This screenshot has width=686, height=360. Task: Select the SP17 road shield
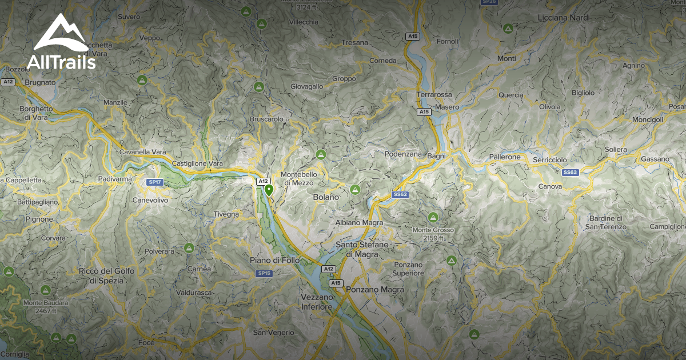point(154,182)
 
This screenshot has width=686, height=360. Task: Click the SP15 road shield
point(264,274)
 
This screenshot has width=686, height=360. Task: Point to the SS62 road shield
point(400,195)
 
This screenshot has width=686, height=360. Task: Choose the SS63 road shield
point(571,172)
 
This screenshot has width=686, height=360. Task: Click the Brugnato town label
point(39,82)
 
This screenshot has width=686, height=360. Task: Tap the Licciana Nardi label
point(564,18)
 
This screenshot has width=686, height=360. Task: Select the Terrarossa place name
point(434,94)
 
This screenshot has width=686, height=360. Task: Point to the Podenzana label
point(403,154)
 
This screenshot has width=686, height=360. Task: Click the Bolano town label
point(326,197)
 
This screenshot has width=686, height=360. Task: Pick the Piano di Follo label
point(272,261)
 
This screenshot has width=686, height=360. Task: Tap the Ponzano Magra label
point(375,290)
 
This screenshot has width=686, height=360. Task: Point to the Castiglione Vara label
point(197,163)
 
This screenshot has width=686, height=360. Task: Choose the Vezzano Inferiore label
point(317,302)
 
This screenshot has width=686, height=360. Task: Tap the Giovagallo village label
point(307,86)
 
